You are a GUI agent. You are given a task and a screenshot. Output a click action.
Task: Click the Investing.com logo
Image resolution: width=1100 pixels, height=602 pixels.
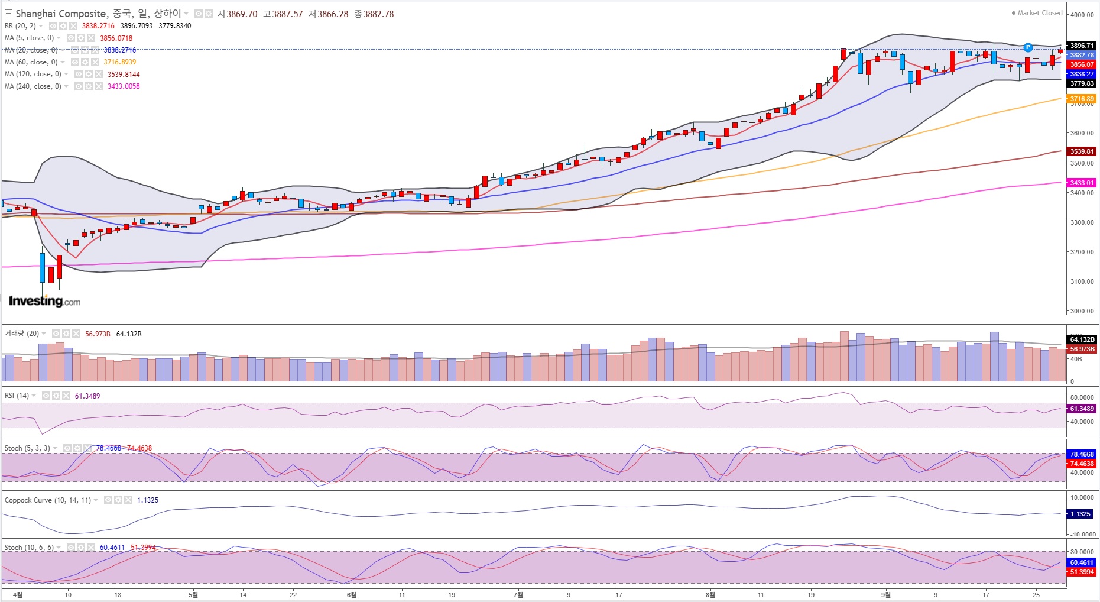point(44,301)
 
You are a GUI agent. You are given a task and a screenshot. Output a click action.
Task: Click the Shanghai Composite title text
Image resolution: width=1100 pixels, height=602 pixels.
point(61,14)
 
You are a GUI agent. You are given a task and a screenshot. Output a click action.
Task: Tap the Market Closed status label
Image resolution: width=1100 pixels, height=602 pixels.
point(1040,13)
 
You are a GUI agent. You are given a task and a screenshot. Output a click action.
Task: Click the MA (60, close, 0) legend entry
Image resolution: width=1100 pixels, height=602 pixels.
point(31,62)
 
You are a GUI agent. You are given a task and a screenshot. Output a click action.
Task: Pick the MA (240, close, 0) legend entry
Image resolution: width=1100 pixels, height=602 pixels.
point(33,86)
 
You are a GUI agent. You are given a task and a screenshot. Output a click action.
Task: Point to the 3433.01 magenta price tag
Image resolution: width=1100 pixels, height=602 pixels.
point(1082,183)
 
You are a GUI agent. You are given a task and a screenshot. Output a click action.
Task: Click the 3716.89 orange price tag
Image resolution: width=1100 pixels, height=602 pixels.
point(1082,99)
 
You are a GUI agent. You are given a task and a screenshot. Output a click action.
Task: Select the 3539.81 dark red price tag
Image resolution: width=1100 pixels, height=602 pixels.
point(1082,151)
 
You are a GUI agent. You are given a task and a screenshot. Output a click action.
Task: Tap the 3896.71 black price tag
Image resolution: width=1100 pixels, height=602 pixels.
point(1082,46)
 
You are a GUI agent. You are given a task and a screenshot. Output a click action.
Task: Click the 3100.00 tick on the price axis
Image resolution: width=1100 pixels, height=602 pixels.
point(1082,281)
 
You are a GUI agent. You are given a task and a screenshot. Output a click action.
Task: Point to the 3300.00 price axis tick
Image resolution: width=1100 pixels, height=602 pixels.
point(1082,222)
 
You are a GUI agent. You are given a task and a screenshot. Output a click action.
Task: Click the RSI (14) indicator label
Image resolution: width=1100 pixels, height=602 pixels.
point(17,396)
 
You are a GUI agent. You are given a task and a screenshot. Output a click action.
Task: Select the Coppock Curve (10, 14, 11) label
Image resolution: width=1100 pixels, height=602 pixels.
point(48,500)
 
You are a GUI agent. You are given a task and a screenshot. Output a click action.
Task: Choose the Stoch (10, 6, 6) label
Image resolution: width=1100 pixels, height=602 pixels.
point(29,548)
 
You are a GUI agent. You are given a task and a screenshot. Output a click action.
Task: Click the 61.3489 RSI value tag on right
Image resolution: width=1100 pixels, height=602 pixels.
point(1082,409)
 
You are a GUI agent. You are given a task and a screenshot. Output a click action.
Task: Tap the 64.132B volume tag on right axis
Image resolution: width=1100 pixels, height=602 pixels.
point(1082,339)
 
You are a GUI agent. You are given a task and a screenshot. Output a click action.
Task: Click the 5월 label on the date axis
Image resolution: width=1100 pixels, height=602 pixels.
point(193,594)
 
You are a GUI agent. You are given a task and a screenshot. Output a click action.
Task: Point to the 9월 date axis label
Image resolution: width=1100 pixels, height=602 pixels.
point(885,594)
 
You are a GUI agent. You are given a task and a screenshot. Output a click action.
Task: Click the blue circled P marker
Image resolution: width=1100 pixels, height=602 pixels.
point(1028,47)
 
